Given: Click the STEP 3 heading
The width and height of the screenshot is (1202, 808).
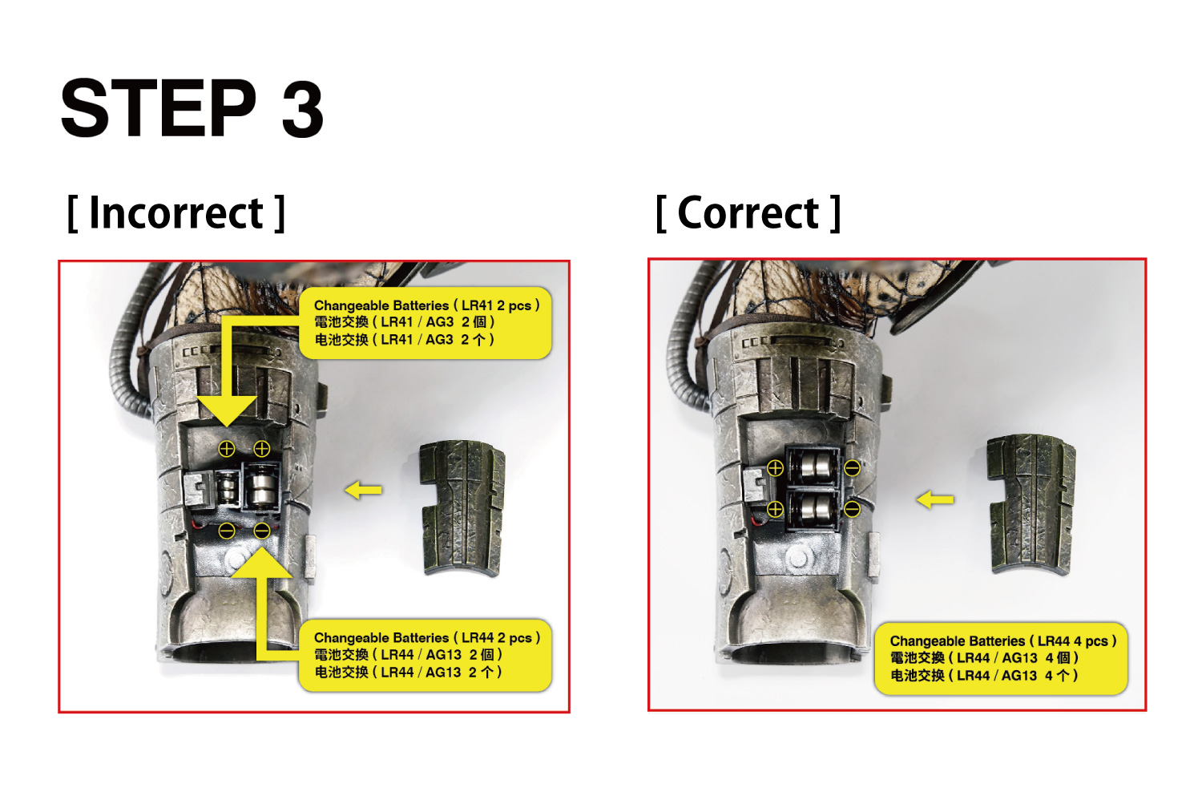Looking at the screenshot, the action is coord(192,108).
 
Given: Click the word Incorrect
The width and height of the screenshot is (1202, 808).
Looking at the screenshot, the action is coord(176,213).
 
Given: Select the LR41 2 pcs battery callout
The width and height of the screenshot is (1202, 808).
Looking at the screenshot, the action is coord(426,323).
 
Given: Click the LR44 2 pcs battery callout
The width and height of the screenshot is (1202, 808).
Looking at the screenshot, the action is coord(426,655).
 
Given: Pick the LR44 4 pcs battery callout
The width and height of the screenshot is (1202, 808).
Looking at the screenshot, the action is coord(1002,658).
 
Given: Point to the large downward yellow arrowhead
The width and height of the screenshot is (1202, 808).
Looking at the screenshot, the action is coord(227,411).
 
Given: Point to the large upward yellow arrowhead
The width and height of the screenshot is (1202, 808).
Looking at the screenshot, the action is coord(262,562).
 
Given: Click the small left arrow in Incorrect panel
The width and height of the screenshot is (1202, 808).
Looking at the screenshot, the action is coord(363,490).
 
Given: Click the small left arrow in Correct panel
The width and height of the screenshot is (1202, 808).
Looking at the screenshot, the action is coord(935,500).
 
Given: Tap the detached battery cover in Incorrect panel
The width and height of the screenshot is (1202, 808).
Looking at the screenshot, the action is coord(463,508).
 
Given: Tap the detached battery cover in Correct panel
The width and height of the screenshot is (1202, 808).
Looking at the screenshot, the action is coord(1031,503).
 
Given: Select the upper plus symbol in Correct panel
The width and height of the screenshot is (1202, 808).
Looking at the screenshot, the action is coord(775,468).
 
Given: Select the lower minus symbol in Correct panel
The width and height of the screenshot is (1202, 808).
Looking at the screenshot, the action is coord(852,509).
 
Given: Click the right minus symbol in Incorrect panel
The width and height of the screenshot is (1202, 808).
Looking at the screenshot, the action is coord(262,531).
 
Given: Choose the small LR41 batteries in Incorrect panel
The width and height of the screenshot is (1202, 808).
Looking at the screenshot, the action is coord(227,488).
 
